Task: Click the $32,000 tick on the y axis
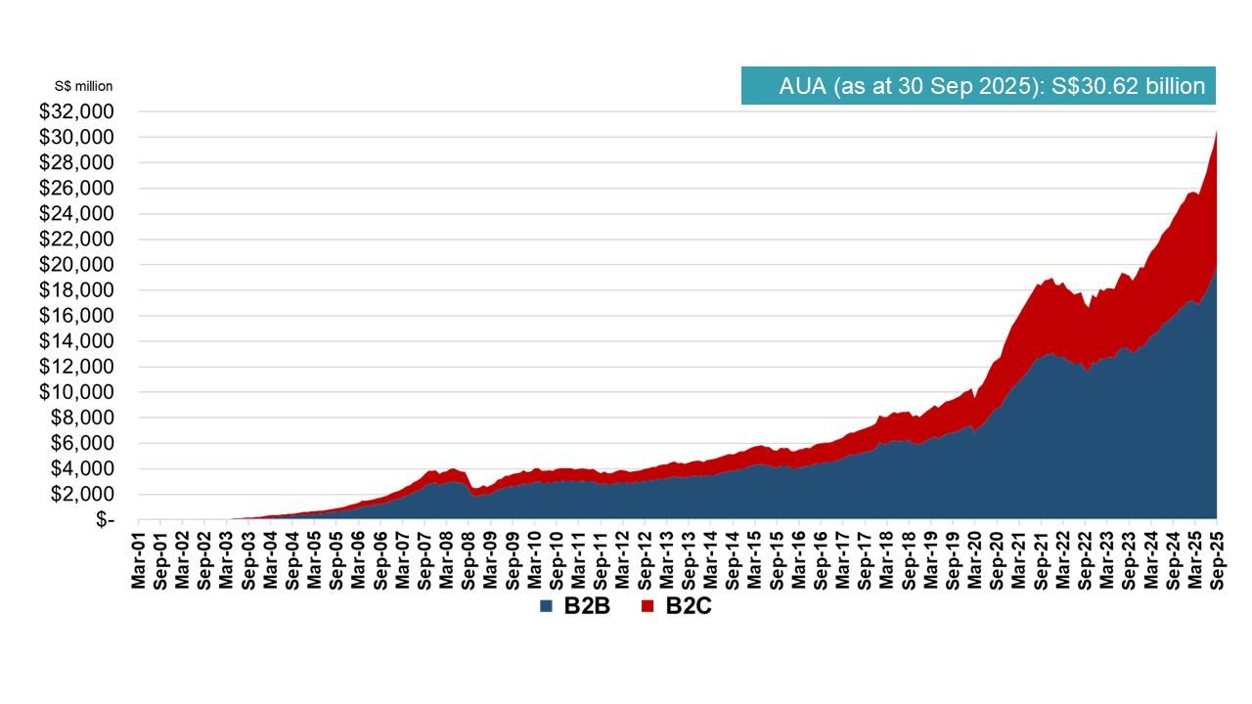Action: click(x=76, y=111)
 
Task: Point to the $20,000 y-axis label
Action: click(x=76, y=265)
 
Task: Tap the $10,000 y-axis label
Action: click(x=76, y=392)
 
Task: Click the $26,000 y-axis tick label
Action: click(x=76, y=188)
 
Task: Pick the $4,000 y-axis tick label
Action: click(x=82, y=468)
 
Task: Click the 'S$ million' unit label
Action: click(x=83, y=87)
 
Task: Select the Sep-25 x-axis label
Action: click(x=1217, y=562)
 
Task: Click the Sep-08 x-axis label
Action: click(x=469, y=562)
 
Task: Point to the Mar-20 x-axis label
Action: click(x=974, y=562)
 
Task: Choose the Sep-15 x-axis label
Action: click(x=777, y=562)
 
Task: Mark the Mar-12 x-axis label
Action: click(x=622, y=562)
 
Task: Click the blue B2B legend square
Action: click(x=547, y=607)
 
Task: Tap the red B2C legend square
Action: click(x=648, y=607)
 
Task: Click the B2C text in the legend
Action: click(x=688, y=606)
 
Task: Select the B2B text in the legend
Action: click(x=587, y=606)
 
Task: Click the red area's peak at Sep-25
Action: click(x=1216, y=132)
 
